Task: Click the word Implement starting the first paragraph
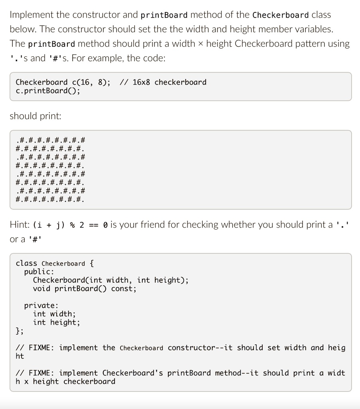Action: pyautogui.click(x=32, y=15)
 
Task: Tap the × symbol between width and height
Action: pyautogui.click(x=200, y=44)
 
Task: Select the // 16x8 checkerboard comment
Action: pyautogui.click(x=163, y=82)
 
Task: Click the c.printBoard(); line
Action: pyautogui.click(x=48, y=91)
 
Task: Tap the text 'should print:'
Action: pyautogui.click(x=36, y=116)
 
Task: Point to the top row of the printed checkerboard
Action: pyautogui.click(x=50, y=140)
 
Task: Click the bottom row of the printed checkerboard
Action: pyautogui.click(x=50, y=200)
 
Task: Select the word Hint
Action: pyautogui.click(x=20, y=224)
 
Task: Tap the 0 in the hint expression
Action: pyautogui.click(x=105, y=225)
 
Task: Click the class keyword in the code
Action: pyautogui.click(x=26, y=263)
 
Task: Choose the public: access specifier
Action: pyautogui.click(x=39, y=272)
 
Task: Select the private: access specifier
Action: pyautogui.click(x=41, y=306)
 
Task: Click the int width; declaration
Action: pyautogui.click(x=54, y=314)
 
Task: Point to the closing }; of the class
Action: pyautogui.click(x=20, y=331)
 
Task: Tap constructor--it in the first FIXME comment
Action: pyautogui.click(x=200, y=348)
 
